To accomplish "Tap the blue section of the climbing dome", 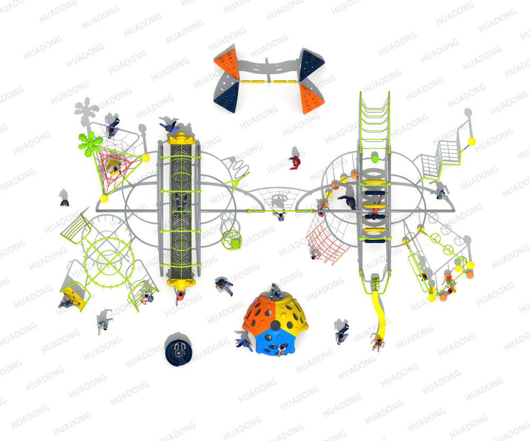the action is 274,341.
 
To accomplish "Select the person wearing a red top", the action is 295,163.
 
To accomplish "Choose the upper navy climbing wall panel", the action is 311,64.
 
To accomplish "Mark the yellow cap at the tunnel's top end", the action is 181,139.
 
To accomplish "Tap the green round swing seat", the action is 232,239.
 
